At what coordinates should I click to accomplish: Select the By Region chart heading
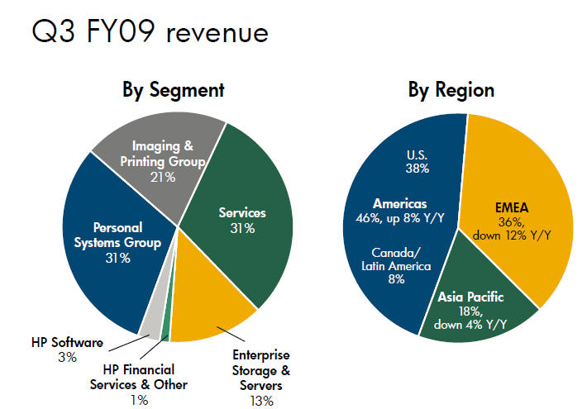[x=451, y=90]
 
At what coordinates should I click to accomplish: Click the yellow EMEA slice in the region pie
[x=521, y=207]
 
